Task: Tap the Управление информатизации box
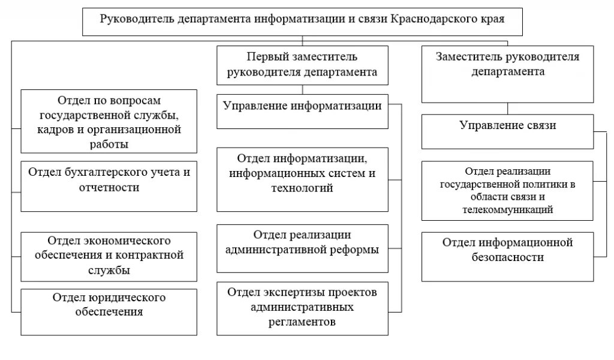coord(302,111)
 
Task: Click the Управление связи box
coord(508,131)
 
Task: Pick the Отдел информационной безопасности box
coord(508,256)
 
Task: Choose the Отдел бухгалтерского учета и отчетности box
coord(109,186)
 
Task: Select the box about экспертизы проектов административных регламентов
coord(302,308)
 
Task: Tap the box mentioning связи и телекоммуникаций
coord(508,191)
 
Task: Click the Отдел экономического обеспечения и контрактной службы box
coord(109,256)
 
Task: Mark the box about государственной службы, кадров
coord(109,121)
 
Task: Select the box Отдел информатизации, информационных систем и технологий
coord(302,179)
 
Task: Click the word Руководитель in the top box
coord(137,19)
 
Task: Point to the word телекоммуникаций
coord(508,211)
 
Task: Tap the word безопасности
coord(508,257)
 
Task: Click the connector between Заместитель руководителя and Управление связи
coord(508,108)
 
